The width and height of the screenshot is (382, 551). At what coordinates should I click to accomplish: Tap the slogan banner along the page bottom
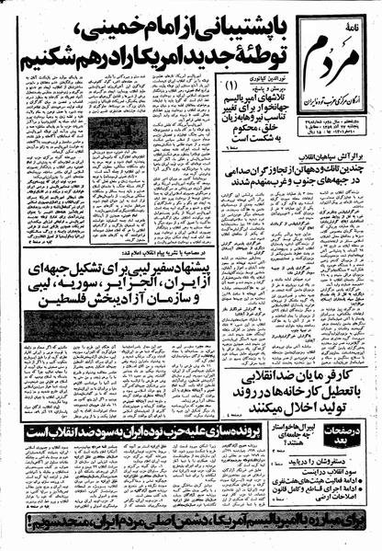[x=190, y=537]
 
